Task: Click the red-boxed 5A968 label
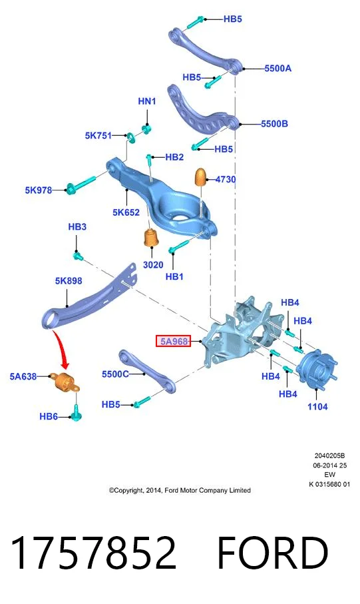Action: coord(173,341)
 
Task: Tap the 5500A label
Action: coord(277,69)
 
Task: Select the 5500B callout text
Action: coord(274,124)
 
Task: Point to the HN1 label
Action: coord(146,101)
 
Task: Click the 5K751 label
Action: coord(98,136)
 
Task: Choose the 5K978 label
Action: coord(39,190)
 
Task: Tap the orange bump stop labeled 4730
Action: coord(202,177)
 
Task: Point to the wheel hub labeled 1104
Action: coord(317,370)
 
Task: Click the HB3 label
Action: coord(77,227)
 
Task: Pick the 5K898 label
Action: coord(69,281)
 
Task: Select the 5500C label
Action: coord(115,374)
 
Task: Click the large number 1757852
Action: coord(94,552)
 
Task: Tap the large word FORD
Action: coord(273,552)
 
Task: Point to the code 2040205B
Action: coord(329,455)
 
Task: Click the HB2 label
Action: coord(174,157)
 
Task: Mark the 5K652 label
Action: coord(126,212)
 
